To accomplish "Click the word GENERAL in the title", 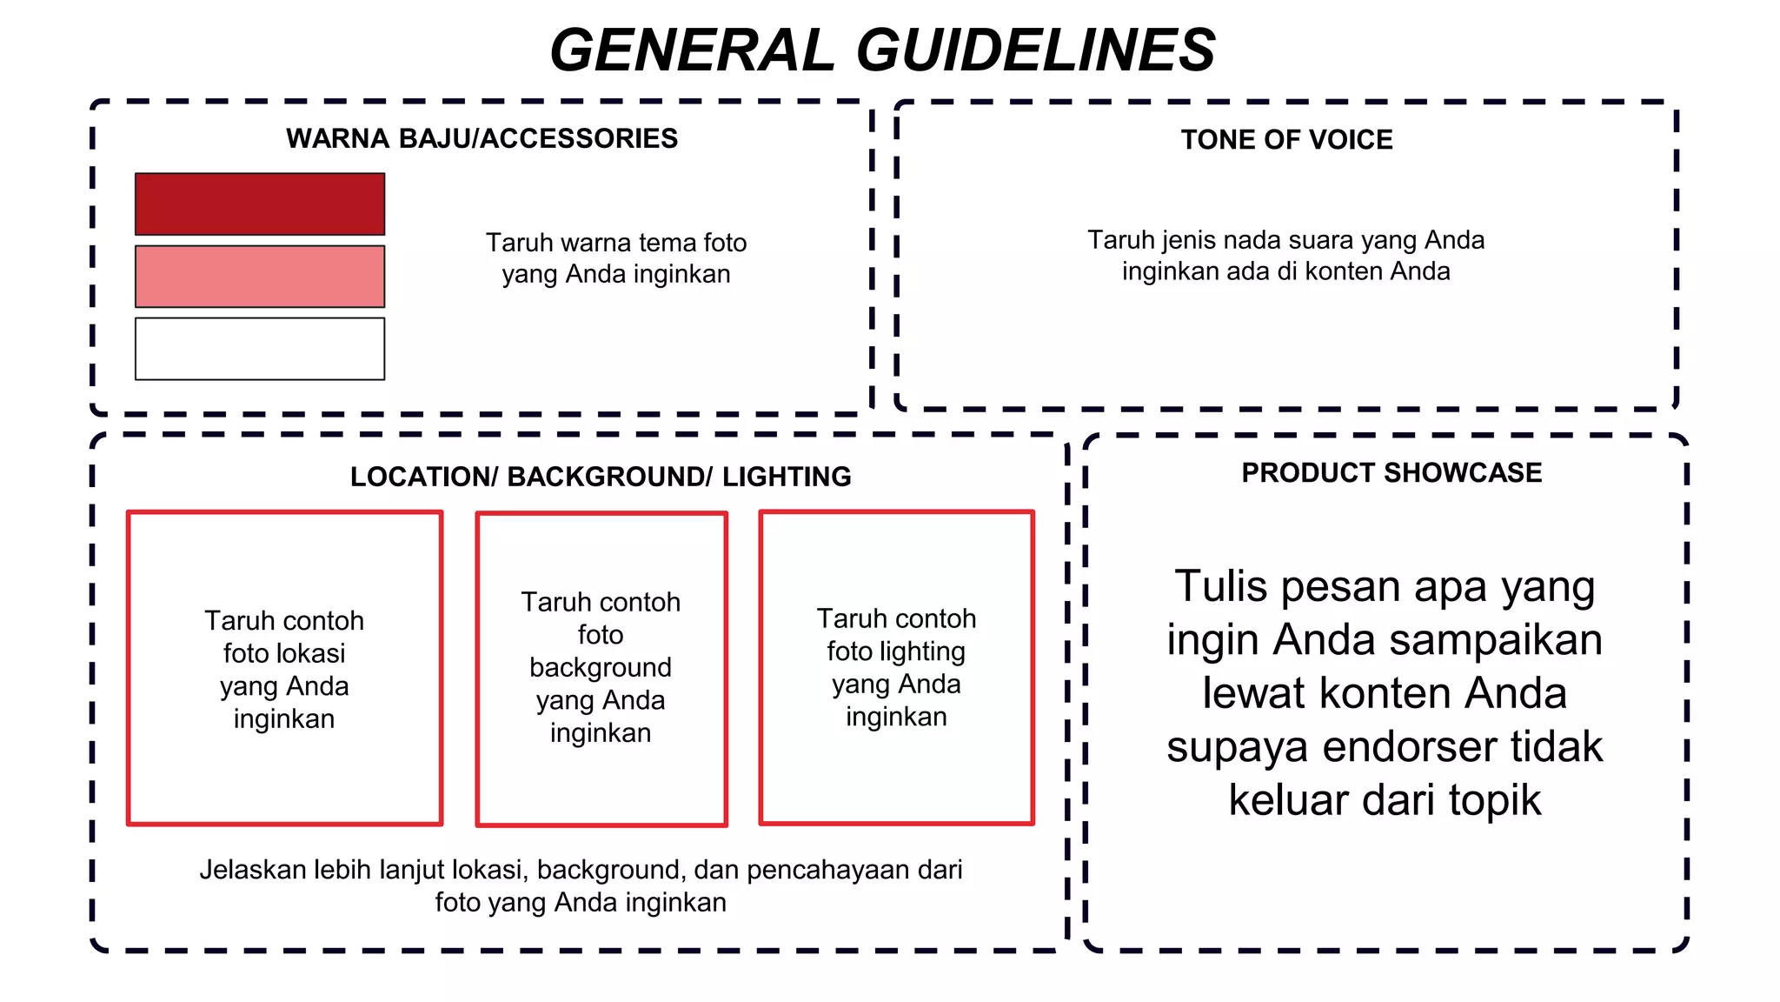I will click(x=692, y=50).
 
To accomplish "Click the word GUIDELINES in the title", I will click(x=1036, y=50).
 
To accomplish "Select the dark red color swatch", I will click(x=259, y=204).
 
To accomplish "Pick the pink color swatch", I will click(x=259, y=277).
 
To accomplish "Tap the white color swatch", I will click(x=259, y=349).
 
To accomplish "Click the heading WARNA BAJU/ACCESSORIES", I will click(x=482, y=138).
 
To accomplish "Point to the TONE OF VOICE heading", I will click(x=1286, y=140).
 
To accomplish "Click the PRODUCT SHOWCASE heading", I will click(x=1391, y=472).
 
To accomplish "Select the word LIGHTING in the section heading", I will click(x=787, y=477).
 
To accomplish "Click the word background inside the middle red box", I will click(x=601, y=667).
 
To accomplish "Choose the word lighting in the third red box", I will click(x=927, y=651).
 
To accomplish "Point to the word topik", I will click(x=1494, y=800).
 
